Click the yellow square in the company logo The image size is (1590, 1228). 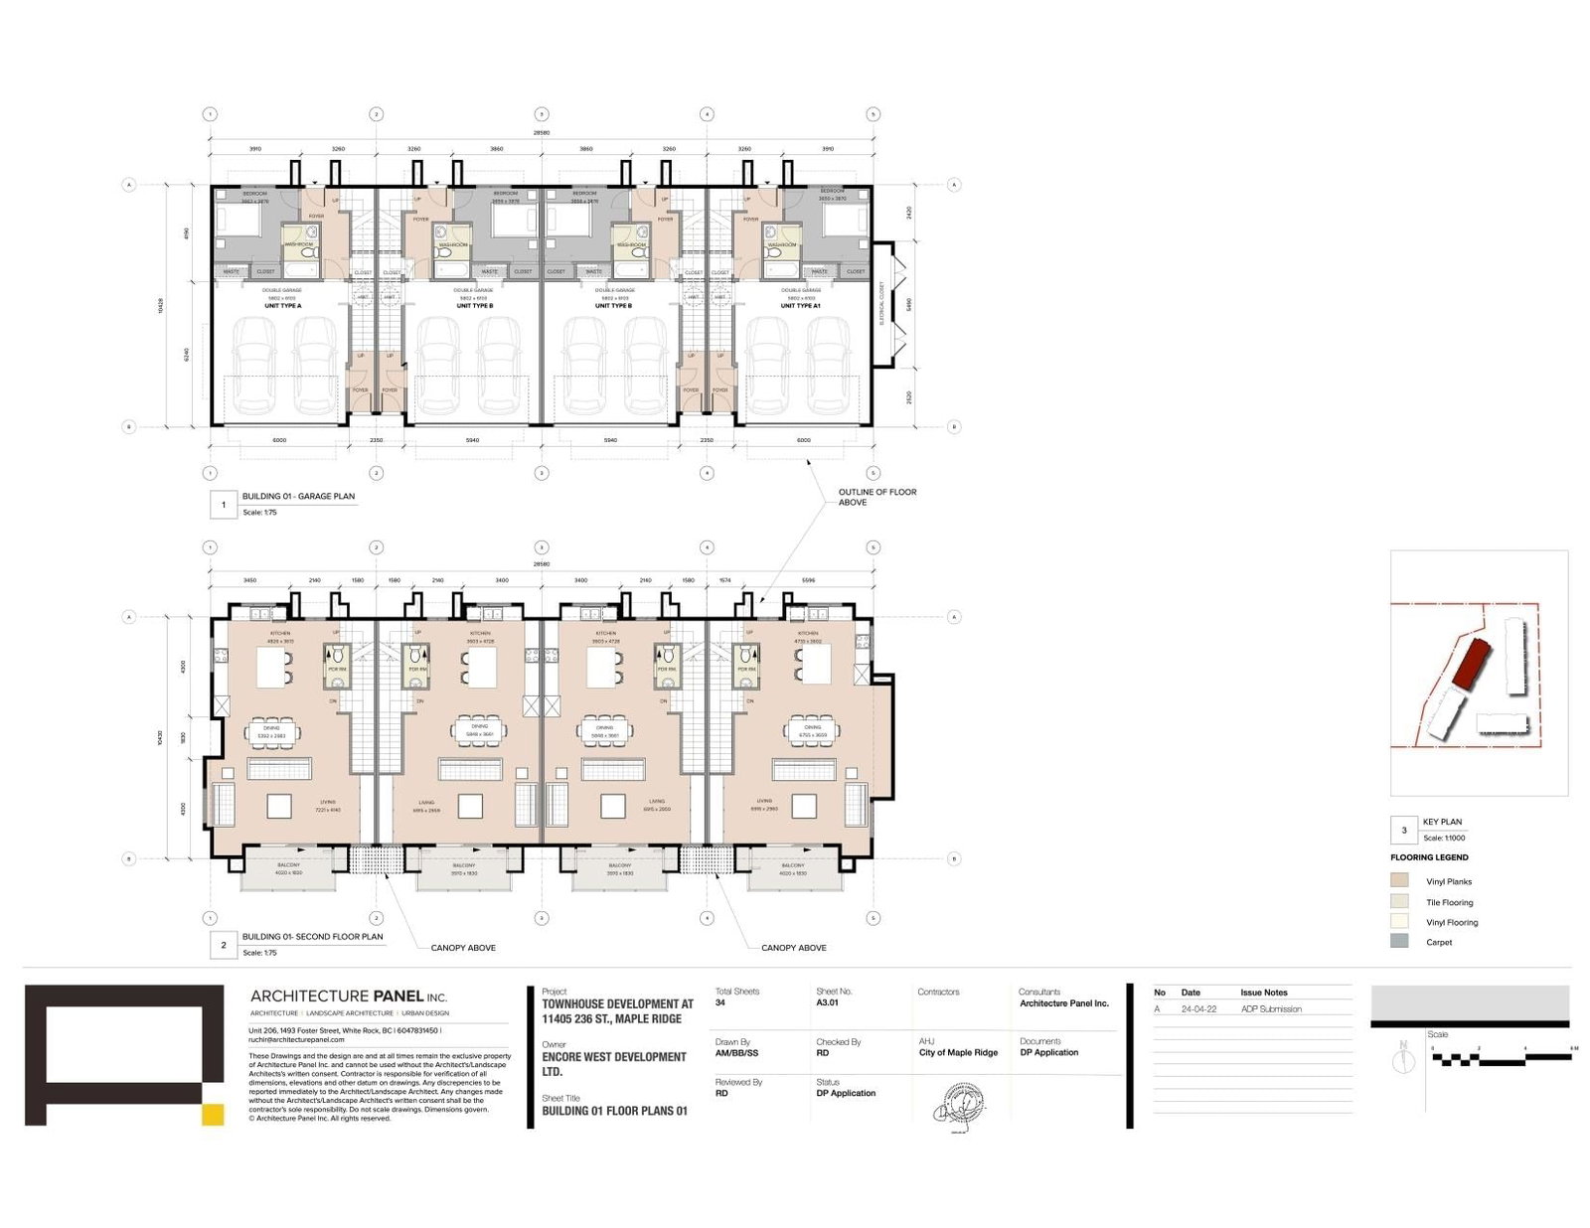pyautogui.click(x=213, y=1114)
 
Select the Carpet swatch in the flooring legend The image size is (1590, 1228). pyautogui.click(x=1399, y=941)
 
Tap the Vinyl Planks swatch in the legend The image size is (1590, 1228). pyautogui.click(x=1399, y=880)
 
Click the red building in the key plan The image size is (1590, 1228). pyautogui.click(x=1471, y=663)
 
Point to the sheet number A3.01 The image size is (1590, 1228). pyautogui.click(x=827, y=1003)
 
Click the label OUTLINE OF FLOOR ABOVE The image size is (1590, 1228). pyautogui.click(x=876, y=497)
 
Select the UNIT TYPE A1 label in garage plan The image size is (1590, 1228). pyautogui.click(x=800, y=306)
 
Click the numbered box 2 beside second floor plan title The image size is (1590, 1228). pyautogui.click(x=224, y=945)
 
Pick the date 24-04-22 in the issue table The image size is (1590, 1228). pyautogui.click(x=1198, y=1009)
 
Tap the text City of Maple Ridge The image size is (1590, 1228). pyautogui.click(x=958, y=1053)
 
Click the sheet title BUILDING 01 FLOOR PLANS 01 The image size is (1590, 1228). pyautogui.click(x=614, y=1111)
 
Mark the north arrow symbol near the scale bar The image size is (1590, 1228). pyautogui.click(x=1403, y=1059)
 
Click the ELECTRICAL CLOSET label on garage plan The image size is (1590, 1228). pyautogui.click(x=881, y=303)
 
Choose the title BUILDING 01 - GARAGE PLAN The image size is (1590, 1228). pyautogui.click(x=298, y=496)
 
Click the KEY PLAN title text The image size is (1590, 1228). pyautogui.click(x=1442, y=822)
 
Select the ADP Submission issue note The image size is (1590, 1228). pyautogui.click(x=1271, y=1009)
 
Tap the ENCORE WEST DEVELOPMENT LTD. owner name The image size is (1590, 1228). pyautogui.click(x=613, y=1064)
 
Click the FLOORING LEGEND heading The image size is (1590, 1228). pyautogui.click(x=1429, y=857)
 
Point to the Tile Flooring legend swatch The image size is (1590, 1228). pyautogui.click(x=1399, y=901)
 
